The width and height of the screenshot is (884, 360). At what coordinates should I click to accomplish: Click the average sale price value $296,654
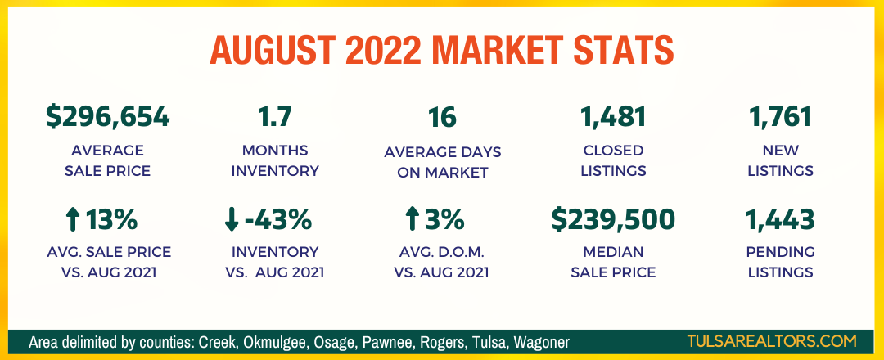(107, 117)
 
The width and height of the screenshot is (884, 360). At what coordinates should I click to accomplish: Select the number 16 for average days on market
(443, 117)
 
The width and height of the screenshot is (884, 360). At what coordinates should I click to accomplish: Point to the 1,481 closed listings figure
(613, 117)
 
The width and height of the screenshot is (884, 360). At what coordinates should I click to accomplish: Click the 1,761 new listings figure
(780, 117)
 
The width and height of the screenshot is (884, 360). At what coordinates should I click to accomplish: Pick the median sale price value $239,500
(613, 219)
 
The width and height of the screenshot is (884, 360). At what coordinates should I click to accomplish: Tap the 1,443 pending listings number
(780, 219)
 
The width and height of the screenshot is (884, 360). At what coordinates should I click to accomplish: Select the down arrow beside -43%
(232, 219)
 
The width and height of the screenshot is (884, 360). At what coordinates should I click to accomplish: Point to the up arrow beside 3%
(412, 219)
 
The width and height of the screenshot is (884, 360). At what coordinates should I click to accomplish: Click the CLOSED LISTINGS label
(613, 160)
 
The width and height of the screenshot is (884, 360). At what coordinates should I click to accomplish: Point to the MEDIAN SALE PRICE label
(613, 262)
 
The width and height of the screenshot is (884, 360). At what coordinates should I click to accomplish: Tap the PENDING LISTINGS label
(780, 262)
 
